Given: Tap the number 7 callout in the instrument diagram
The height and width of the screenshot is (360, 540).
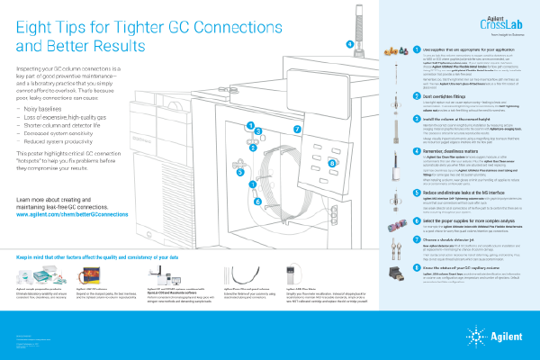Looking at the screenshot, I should [x=298, y=129].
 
